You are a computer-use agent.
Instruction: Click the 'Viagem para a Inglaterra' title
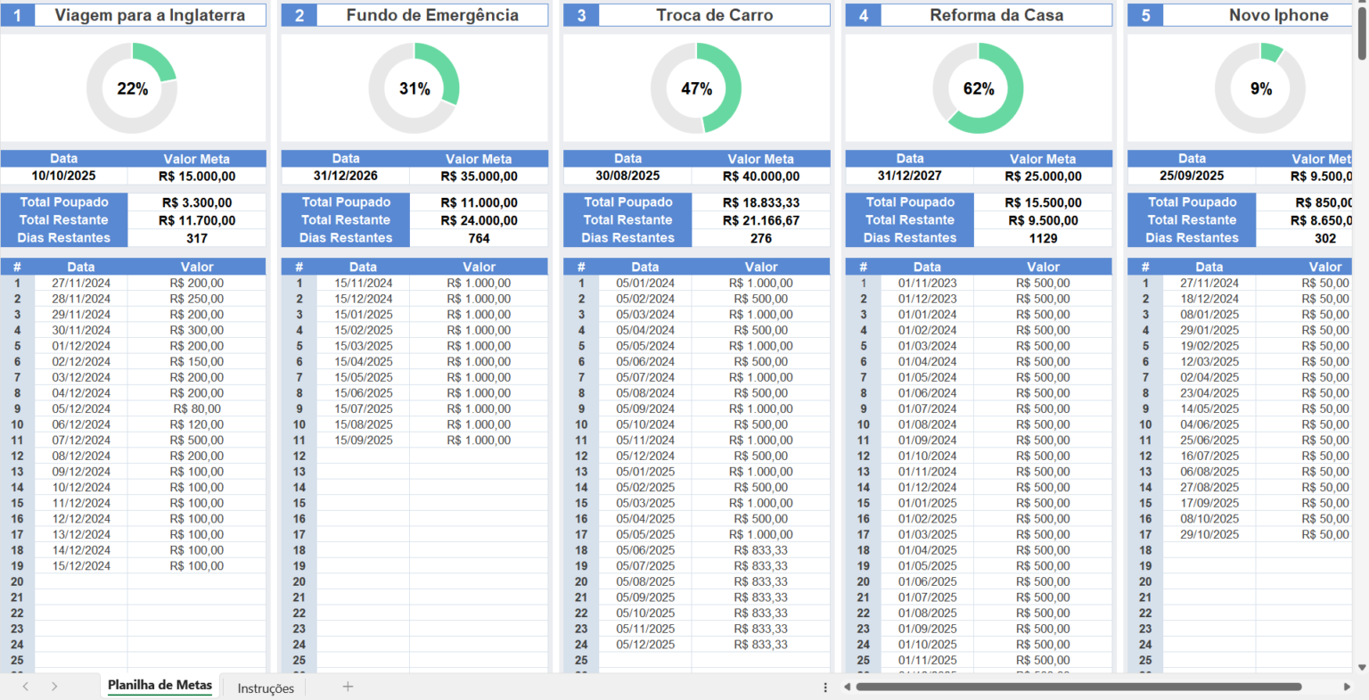coord(150,15)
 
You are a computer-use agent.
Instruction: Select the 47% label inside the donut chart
coord(696,89)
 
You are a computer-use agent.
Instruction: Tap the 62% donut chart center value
coord(979,89)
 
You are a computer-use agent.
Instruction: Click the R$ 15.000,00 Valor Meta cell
coord(197,177)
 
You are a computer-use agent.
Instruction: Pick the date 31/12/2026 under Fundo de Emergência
coord(345,177)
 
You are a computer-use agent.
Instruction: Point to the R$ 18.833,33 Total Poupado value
coord(761,202)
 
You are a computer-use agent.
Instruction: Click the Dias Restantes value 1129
coord(1043,238)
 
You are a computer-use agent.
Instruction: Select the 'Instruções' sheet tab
coord(266,688)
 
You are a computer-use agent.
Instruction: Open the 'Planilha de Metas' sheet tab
coord(160,686)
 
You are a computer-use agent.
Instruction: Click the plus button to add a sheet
coord(348,687)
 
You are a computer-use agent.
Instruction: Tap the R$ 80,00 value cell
coord(197,409)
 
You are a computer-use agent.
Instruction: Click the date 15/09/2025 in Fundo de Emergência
coord(363,441)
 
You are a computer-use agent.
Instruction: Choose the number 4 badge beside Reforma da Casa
coord(863,15)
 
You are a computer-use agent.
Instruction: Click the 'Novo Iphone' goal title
coord(1278,15)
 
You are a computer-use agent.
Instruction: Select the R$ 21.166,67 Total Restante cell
coord(761,220)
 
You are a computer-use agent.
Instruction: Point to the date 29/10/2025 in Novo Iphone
coord(1209,535)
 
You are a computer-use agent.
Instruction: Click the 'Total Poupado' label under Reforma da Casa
coord(909,202)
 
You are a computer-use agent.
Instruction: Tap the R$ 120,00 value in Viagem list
coord(197,425)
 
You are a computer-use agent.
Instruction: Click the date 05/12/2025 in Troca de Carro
coord(645,645)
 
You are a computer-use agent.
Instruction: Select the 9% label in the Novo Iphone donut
coord(1261,89)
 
